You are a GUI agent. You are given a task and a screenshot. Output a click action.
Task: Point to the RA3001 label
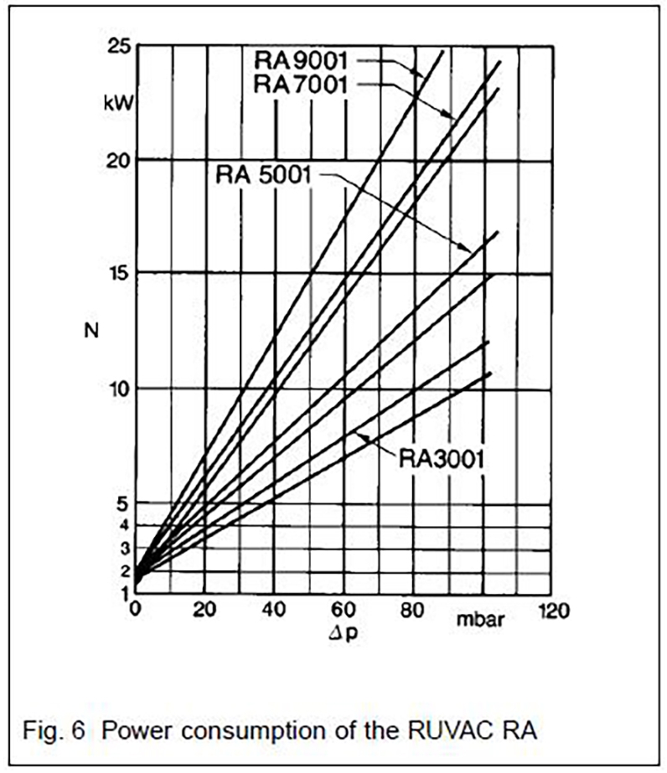pyautogui.click(x=442, y=458)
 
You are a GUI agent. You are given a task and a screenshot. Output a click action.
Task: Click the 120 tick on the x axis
pyautogui.click(x=550, y=611)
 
